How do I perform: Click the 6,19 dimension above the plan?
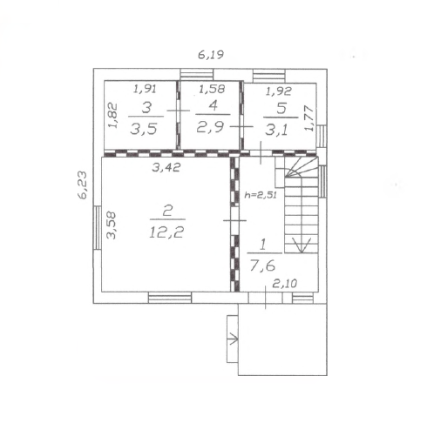click(x=211, y=55)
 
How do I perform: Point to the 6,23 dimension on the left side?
click(x=82, y=185)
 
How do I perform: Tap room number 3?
click(x=146, y=108)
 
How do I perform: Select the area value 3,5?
click(x=144, y=129)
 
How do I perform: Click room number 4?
click(x=213, y=105)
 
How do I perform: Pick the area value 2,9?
click(x=210, y=127)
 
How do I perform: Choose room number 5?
click(x=281, y=108)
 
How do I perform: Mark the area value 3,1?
click(x=276, y=130)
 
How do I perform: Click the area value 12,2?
click(x=166, y=232)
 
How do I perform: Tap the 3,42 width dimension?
click(x=166, y=167)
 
